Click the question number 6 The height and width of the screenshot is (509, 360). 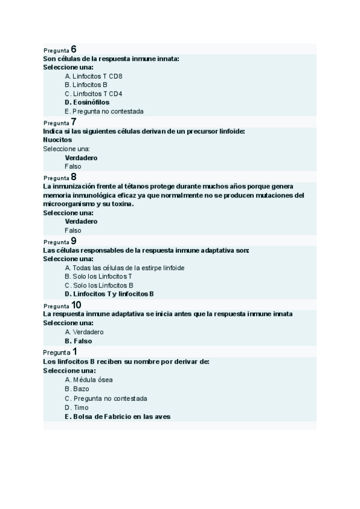click(x=74, y=49)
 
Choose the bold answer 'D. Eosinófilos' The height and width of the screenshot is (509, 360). click(x=87, y=102)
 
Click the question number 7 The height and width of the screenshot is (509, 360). click(x=74, y=122)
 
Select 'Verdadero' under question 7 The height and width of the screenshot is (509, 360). click(x=81, y=158)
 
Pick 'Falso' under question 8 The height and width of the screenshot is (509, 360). click(x=73, y=230)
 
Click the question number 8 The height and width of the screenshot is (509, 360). click(x=74, y=176)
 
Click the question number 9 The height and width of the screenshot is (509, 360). click(x=74, y=241)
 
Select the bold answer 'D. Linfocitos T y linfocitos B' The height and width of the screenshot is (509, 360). click(x=110, y=294)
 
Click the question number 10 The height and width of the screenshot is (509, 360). click(x=76, y=305)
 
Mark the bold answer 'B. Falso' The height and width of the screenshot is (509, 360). click(x=79, y=341)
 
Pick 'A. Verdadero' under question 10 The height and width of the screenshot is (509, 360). click(x=84, y=332)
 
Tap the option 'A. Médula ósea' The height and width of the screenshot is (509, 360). click(x=88, y=380)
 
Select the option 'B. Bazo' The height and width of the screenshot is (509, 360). click(x=77, y=389)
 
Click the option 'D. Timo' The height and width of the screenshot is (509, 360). click(x=76, y=408)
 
